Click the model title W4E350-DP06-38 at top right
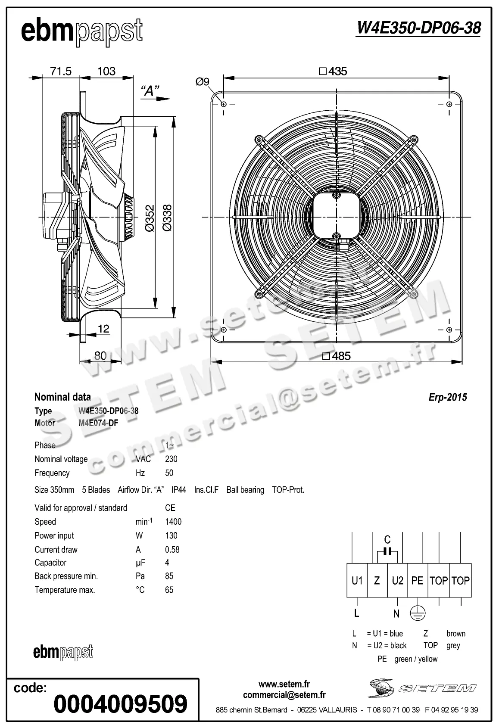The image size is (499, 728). pyautogui.click(x=418, y=28)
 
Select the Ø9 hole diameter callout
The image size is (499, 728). pyautogui.click(x=202, y=81)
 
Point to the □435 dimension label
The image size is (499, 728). pyautogui.click(x=333, y=71)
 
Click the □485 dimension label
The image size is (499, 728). pyautogui.click(x=336, y=356)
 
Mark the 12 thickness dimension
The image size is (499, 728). pyautogui.click(x=104, y=329)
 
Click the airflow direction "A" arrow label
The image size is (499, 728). pyautogui.click(x=150, y=91)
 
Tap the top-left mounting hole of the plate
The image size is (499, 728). pyautogui.click(x=223, y=104)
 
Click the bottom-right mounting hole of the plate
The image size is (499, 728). pyautogui.click(x=449, y=330)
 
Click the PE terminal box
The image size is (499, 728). pyautogui.click(x=417, y=580)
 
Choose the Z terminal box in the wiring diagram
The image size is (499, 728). pyautogui.click(x=377, y=580)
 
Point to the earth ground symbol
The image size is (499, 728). pyautogui.click(x=417, y=613)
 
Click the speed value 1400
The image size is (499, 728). pyautogui.click(x=173, y=522)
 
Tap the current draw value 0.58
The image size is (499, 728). pyautogui.click(x=172, y=550)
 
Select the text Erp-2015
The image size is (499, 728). pyautogui.click(x=447, y=397)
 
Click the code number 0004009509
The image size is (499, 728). pyautogui.click(x=121, y=704)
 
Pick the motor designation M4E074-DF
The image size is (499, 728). pyautogui.click(x=98, y=423)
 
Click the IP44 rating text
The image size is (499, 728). pyautogui.click(x=178, y=490)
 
